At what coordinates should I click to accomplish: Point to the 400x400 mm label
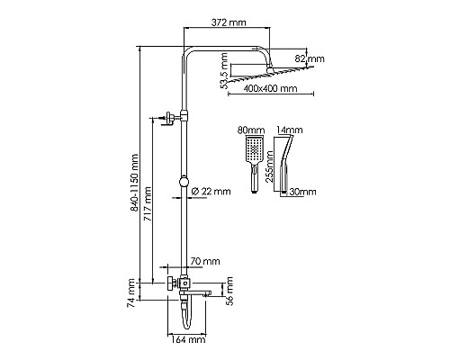[273, 89]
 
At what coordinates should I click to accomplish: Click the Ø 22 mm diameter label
[211, 191]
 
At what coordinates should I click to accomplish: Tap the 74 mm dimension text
[130, 290]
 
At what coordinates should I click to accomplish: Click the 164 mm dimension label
[190, 340]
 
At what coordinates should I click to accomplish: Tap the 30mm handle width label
[303, 192]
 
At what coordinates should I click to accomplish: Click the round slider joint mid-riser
[184, 180]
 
